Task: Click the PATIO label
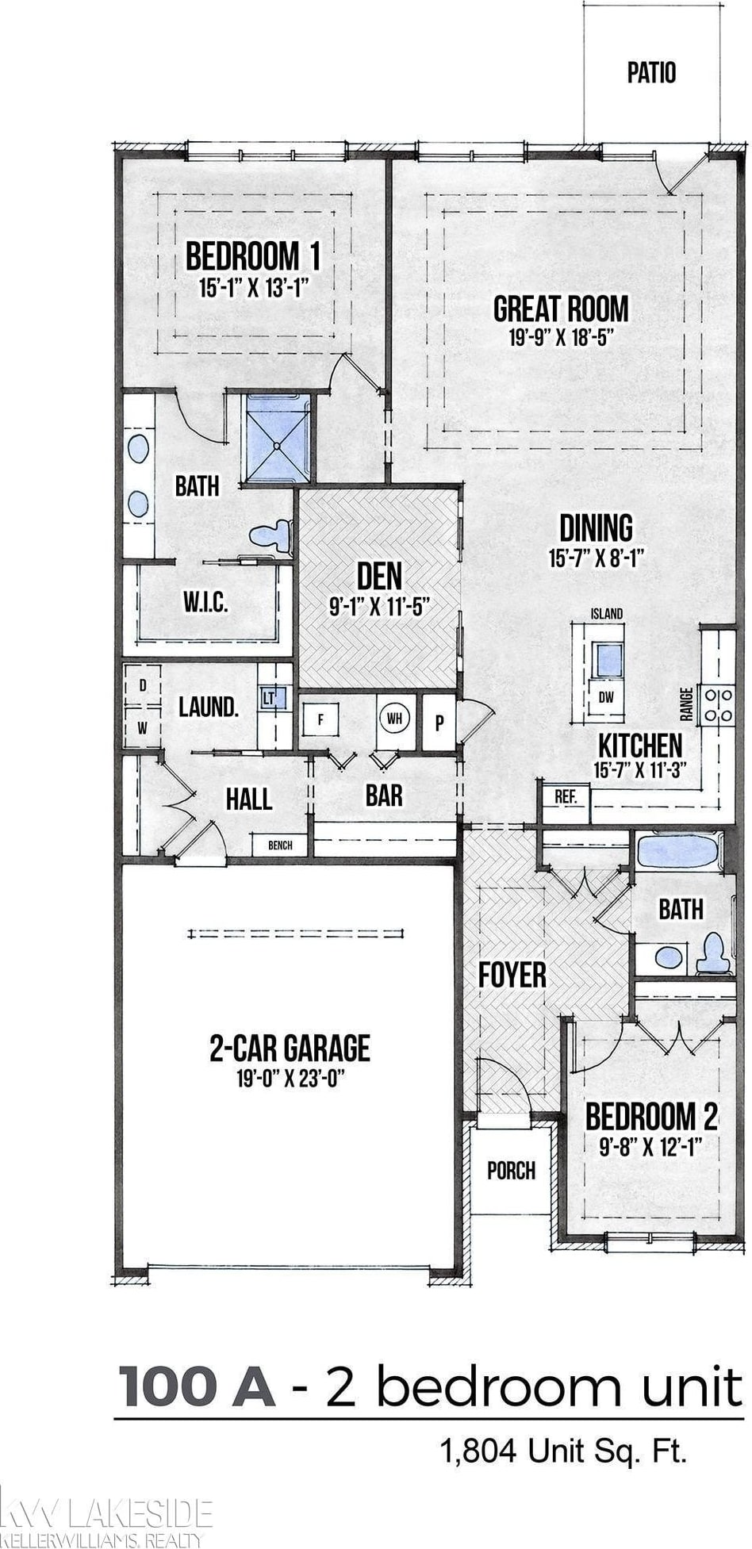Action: point(652,73)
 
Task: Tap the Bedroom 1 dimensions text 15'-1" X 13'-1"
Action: point(253,287)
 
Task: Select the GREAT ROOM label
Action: point(561,309)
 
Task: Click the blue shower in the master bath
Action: point(278,438)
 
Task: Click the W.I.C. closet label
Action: point(206,603)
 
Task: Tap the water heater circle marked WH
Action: point(394,719)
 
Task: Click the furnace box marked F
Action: point(320,721)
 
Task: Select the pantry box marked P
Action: point(439,723)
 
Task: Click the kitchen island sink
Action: point(608,659)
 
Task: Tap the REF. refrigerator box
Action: point(566,803)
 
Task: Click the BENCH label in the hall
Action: point(280,845)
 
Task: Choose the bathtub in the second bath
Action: point(680,852)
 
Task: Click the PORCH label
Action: point(511,1170)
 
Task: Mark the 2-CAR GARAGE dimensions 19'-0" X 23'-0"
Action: point(290,1078)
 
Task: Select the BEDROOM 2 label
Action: point(651,1117)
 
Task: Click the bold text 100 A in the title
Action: point(197,1384)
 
